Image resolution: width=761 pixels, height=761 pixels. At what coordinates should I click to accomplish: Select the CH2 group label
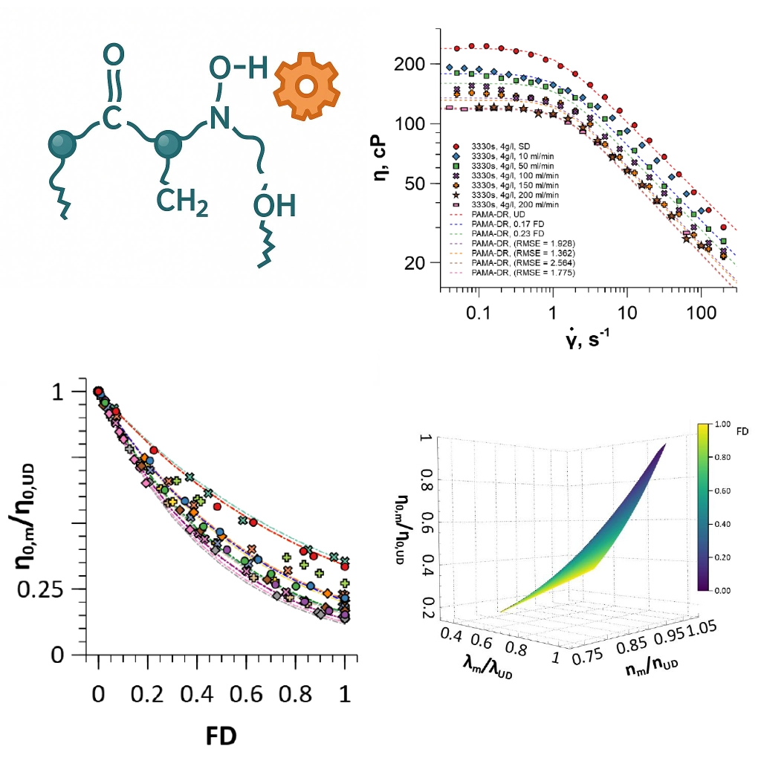[181, 201]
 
